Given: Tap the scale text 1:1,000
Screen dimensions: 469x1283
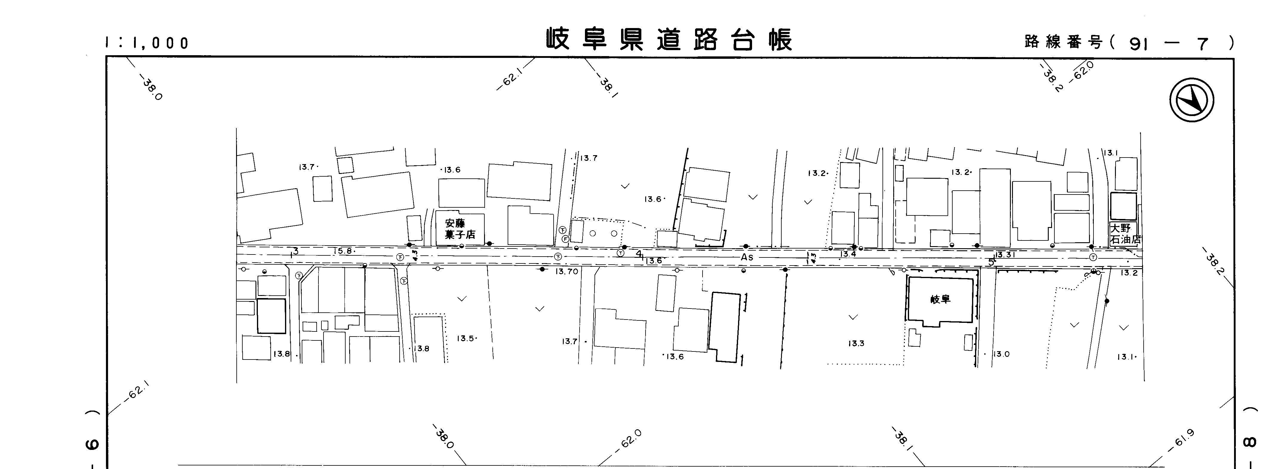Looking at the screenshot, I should tap(147, 43).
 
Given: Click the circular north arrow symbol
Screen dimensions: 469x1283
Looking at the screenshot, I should tap(1191, 100).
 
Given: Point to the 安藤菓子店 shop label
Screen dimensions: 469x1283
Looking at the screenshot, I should tap(460, 229).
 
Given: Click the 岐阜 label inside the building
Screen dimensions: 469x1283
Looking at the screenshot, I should tap(940, 299).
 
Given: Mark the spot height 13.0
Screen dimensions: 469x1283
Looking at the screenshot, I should tap(1001, 354).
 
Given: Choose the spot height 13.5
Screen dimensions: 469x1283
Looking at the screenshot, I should tap(465, 339).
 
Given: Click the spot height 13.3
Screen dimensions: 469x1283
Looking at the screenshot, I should tap(856, 343).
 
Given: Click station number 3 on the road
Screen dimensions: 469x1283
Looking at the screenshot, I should tap(295, 252).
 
